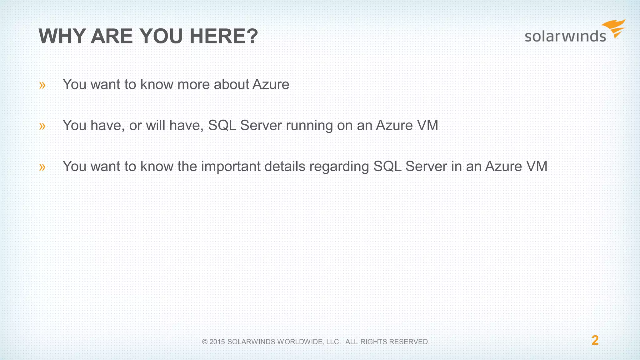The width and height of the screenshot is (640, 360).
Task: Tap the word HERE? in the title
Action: pos(224,37)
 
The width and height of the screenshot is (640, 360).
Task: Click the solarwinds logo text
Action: pos(565,36)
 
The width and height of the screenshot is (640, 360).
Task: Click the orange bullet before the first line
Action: pos(42,85)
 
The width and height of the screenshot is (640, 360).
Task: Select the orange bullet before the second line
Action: pos(42,126)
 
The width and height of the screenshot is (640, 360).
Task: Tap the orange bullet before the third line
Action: pos(42,167)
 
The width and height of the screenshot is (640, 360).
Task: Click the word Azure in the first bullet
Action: pos(271,84)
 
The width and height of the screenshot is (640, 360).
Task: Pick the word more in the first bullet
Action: pos(193,84)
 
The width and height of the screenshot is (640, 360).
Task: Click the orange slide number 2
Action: pos(595,340)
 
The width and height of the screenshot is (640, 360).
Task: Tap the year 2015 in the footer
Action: pos(217,342)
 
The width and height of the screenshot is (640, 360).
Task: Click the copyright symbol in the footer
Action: pos(205,342)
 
